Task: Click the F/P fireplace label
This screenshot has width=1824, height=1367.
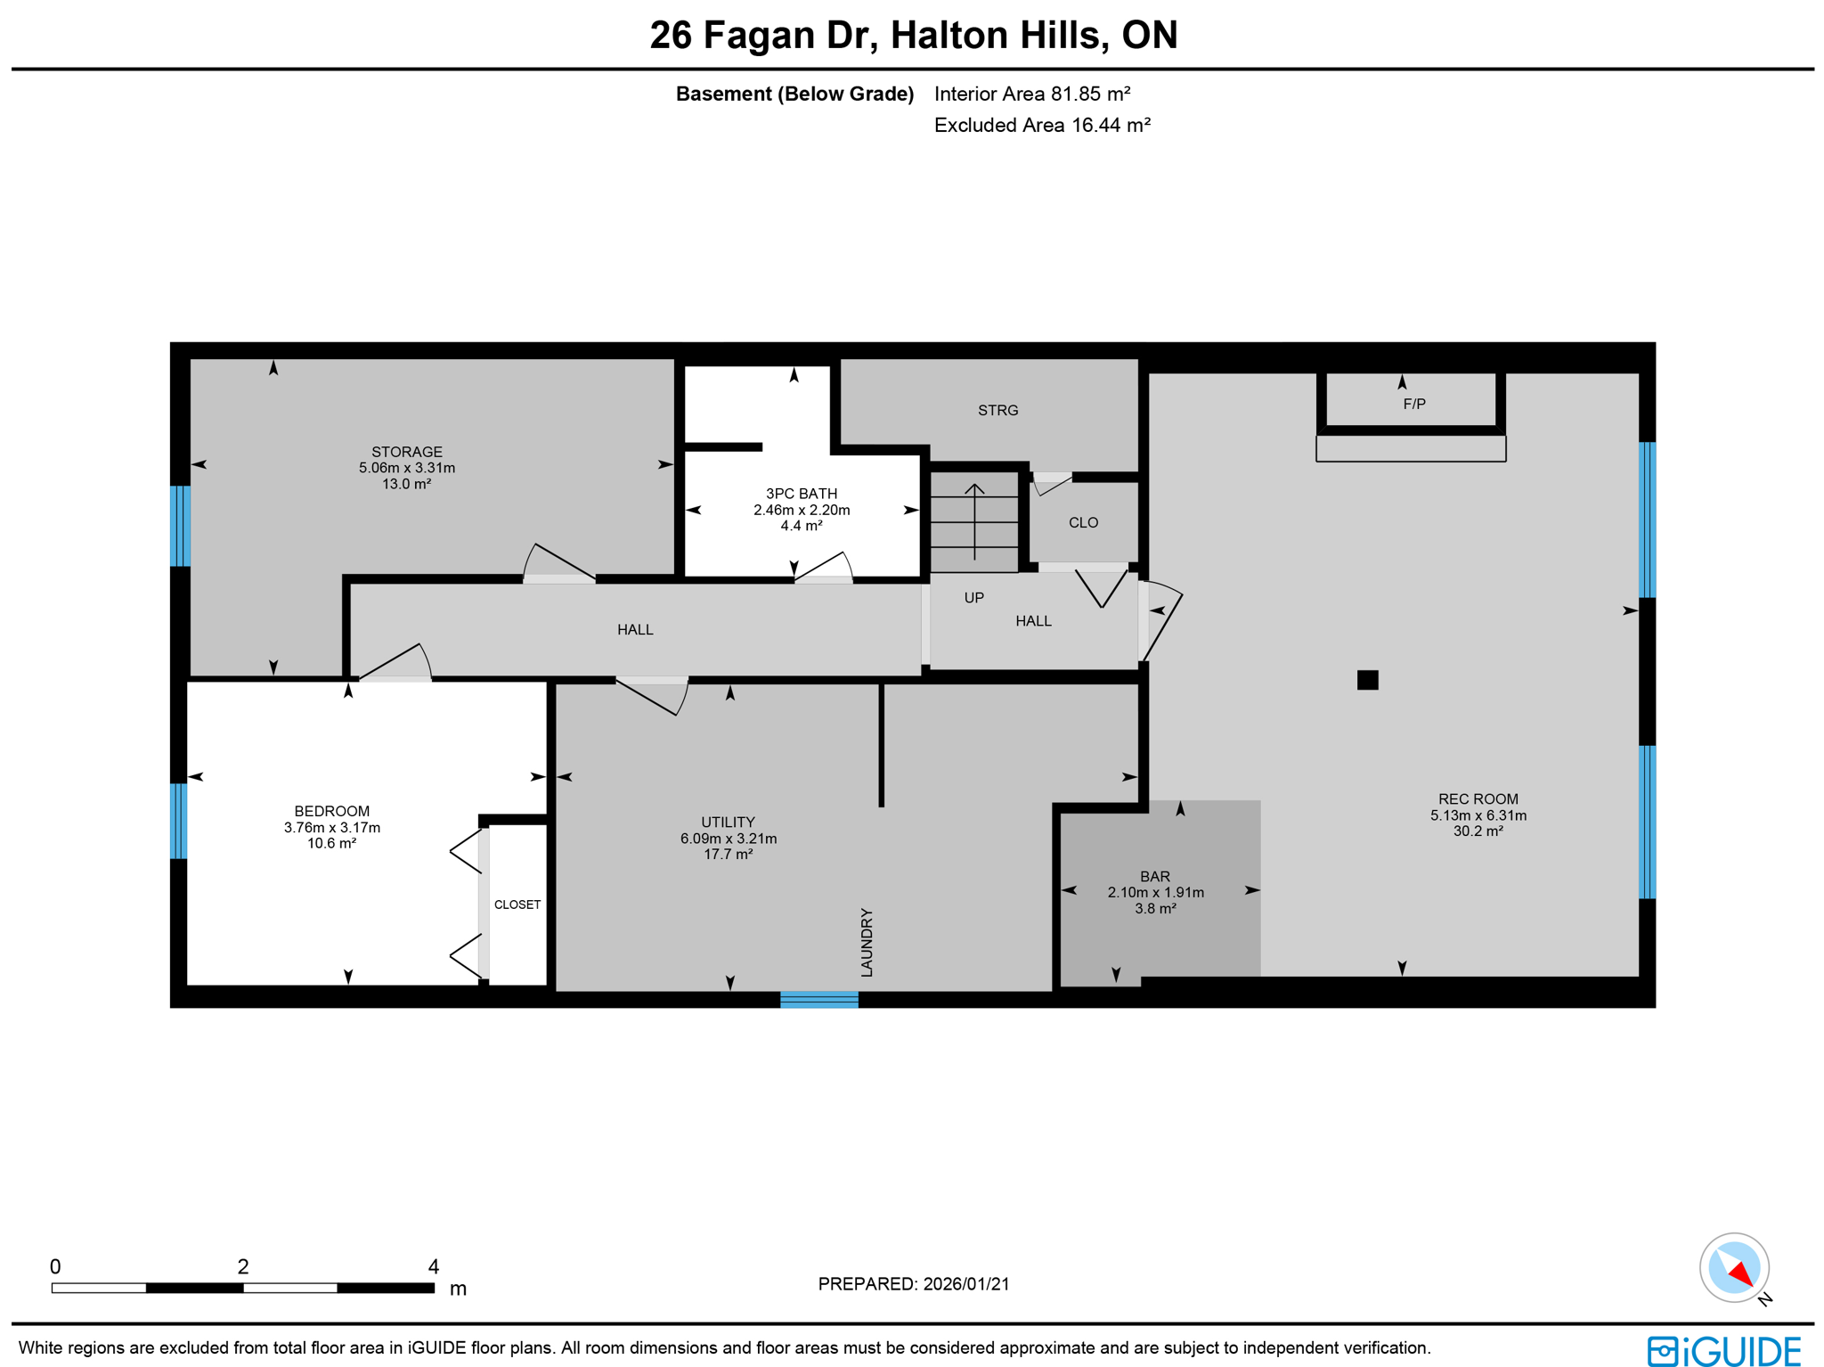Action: click(x=1413, y=404)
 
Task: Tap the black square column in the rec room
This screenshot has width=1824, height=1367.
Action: click(x=1367, y=680)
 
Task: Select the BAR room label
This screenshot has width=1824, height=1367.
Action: click(x=1154, y=876)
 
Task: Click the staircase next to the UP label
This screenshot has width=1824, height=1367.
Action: click(x=974, y=521)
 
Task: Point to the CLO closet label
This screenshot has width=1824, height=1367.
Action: click(x=1083, y=522)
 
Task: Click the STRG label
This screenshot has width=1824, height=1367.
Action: click(x=997, y=410)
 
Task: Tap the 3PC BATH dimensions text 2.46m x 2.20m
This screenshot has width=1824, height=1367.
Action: click(x=801, y=510)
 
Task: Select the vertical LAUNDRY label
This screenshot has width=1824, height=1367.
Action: click(x=867, y=942)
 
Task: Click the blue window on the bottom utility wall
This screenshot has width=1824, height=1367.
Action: click(x=818, y=999)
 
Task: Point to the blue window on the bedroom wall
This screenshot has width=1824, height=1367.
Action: click(x=179, y=821)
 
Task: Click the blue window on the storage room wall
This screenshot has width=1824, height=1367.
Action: click(x=180, y=526)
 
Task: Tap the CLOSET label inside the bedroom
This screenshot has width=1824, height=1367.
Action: click(x=517, y=905)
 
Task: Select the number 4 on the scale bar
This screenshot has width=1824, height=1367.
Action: click(x=433, y=1266)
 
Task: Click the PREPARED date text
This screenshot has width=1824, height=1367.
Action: click(x=913, y=1283)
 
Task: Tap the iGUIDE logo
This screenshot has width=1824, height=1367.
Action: click(x=1723, y=1350)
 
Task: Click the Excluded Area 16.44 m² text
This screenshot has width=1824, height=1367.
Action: click(x=1041, y=125)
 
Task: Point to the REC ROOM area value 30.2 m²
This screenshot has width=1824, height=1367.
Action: click(x=1478, y=831)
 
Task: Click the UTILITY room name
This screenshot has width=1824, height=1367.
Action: click(x=728, y=822)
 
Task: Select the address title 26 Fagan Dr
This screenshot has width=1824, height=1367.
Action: click(x=913, y=36)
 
